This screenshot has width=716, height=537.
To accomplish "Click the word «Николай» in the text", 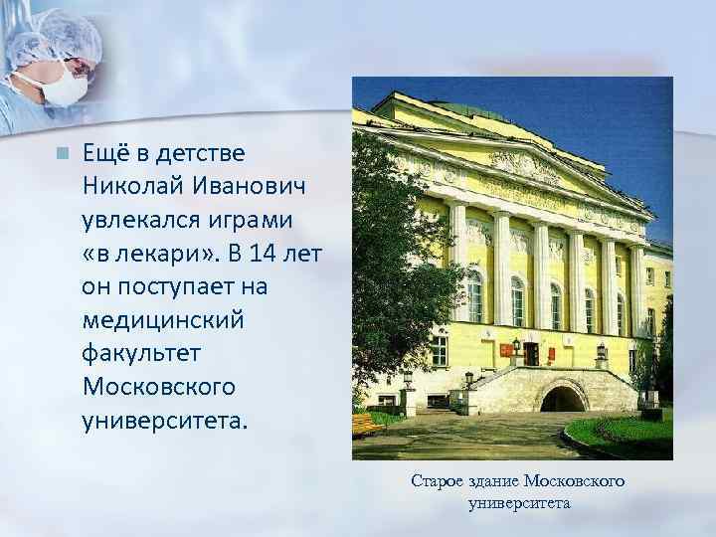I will click(126, 187).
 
